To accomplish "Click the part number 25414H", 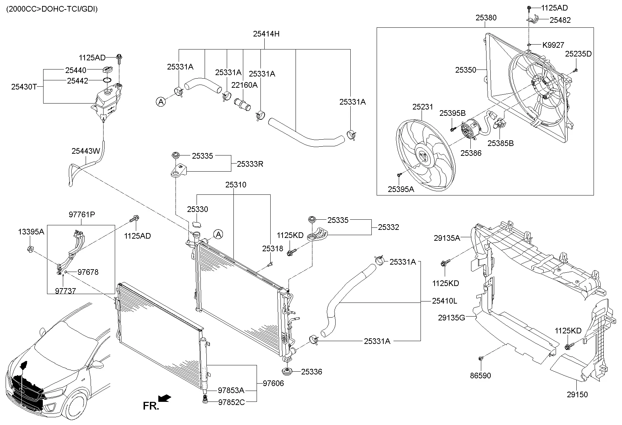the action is (x=266, y=34).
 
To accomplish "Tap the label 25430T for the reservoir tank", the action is (x=24, y=87).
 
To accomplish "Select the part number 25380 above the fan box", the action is (x=486, y=18).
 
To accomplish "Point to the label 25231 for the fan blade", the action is (x=423, y=107).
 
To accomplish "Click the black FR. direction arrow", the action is (x=164, y=398).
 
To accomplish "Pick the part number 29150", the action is (x=577, y=394).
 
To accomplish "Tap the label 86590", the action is (x=481, y=376).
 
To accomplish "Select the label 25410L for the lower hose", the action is (x=444, y=301).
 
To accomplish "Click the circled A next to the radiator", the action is (x=218, y=234).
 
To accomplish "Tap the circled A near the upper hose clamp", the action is (x=160, y=102).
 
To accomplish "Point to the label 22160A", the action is (x=244, y=85).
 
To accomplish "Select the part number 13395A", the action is (x=31, y=232).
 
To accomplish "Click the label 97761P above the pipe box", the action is (x=82, y=214).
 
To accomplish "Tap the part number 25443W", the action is (x=86, y=151).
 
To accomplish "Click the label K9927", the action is (x=553, y=45).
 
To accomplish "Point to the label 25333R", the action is (x=250, y=164).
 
